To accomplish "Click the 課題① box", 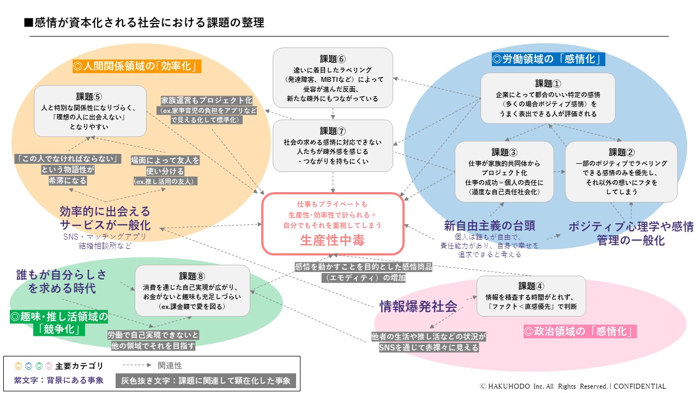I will click(547, 98).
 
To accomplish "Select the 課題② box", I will click(621, 171).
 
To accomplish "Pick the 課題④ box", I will click(531, 296).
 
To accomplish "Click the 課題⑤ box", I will click(90, 111).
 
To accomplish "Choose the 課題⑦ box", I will click(333, 145).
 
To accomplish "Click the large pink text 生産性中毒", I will click(332, 240).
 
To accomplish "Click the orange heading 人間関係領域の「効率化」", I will click(137, 67).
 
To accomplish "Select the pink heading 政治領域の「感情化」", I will click(580, 331).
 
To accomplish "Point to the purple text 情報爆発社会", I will click(418, 306).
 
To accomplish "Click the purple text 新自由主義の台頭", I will click(489, 225).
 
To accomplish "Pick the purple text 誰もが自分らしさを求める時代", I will click(61, 281).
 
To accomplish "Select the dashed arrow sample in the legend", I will click(139, 366).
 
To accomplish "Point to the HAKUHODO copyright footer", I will click(573, 386).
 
